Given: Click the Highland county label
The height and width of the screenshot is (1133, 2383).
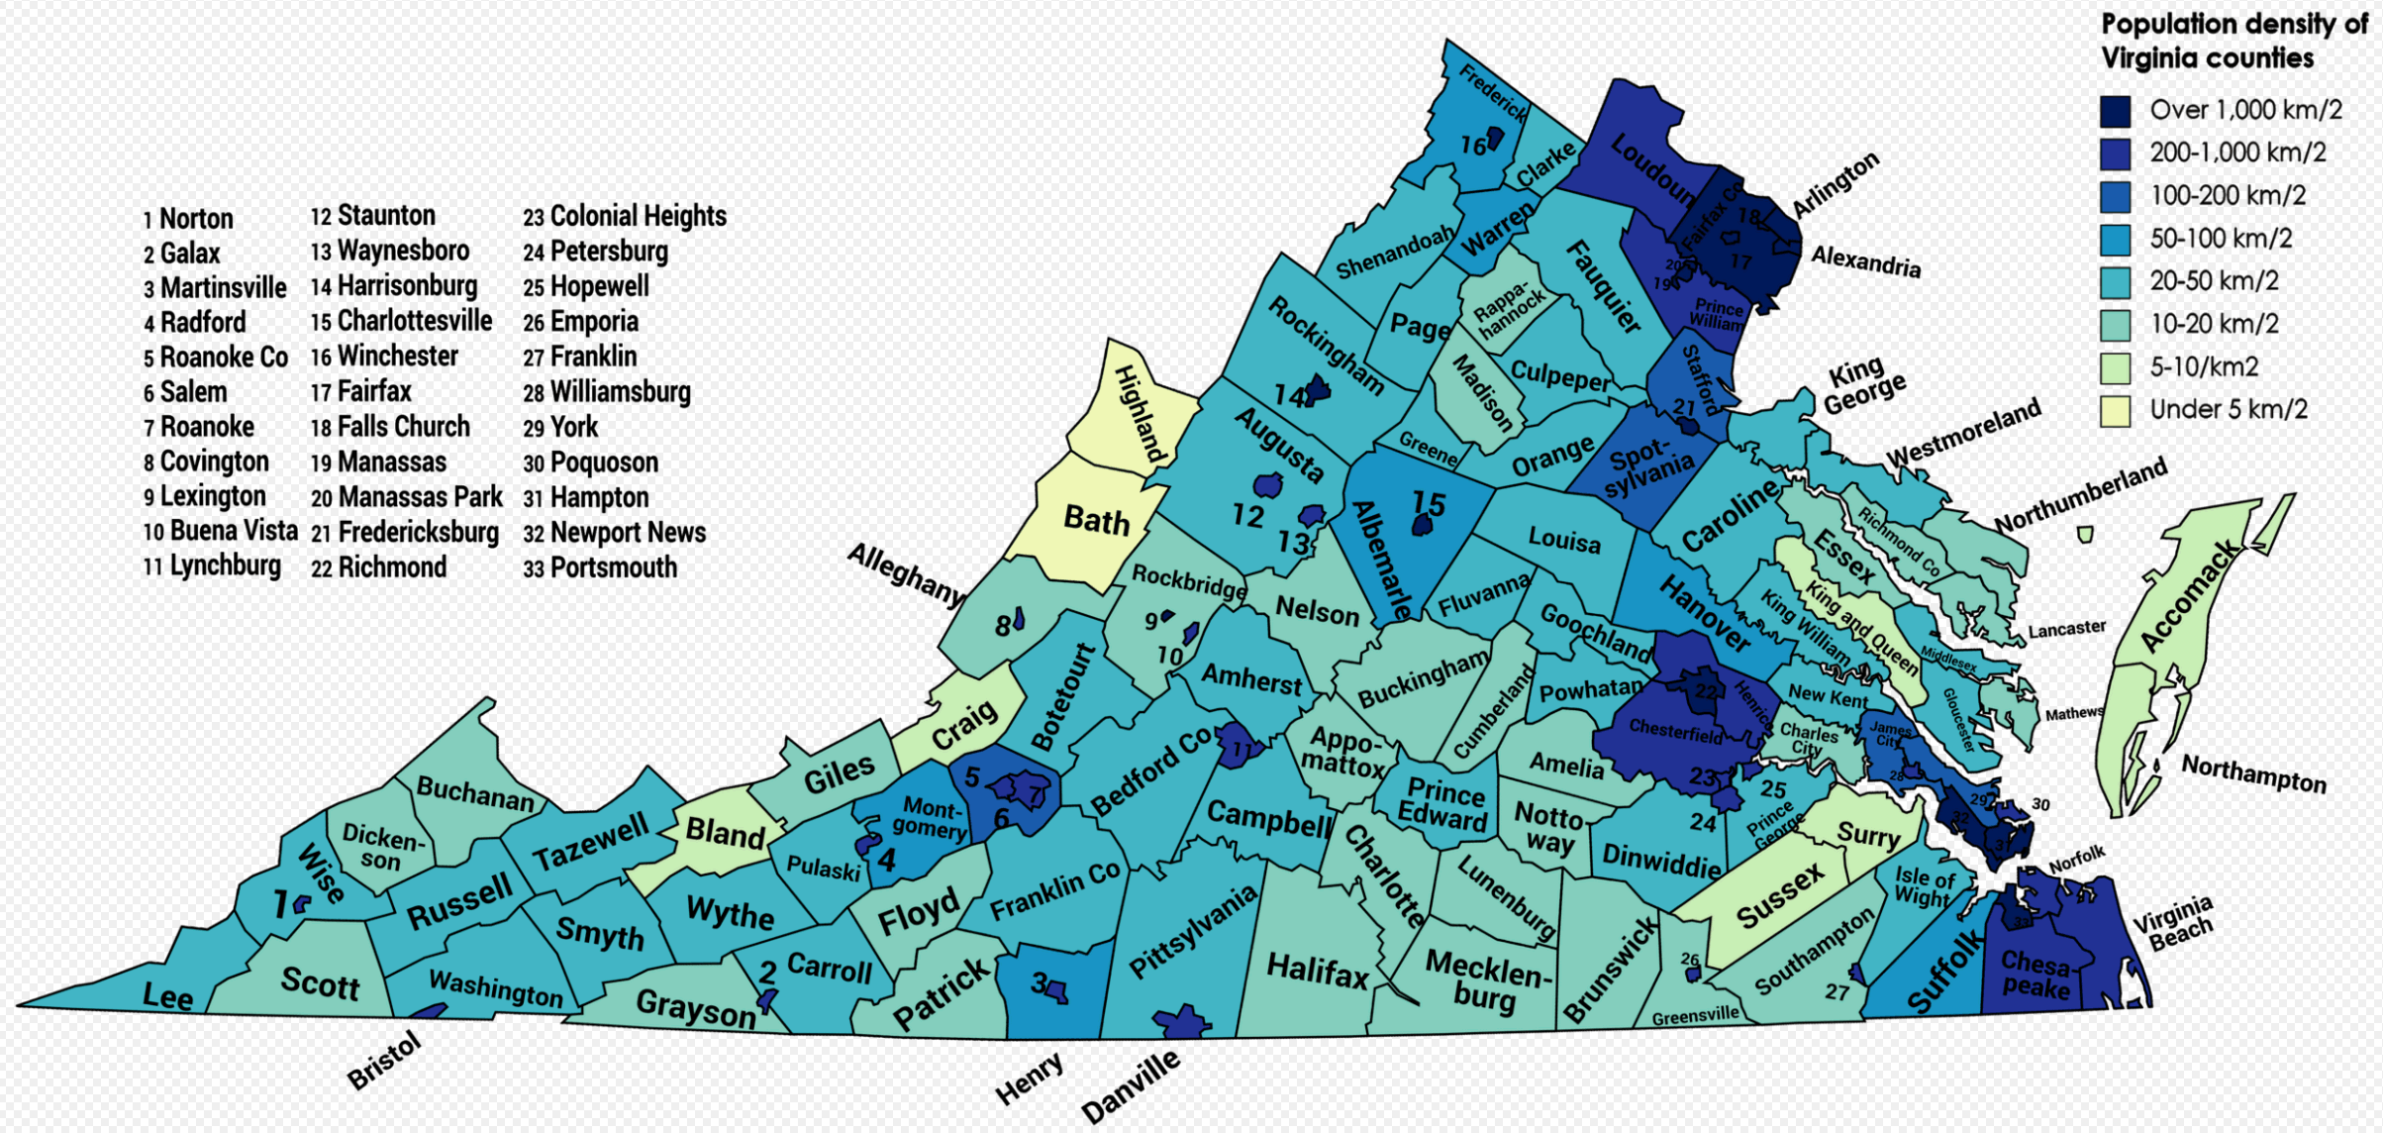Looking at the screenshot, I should (1138, 413).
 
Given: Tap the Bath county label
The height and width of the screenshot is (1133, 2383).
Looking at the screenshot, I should (1096, 519).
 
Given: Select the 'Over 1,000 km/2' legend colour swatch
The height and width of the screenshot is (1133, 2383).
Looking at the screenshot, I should (2115, 111).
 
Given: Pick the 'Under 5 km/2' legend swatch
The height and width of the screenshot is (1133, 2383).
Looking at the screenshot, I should (2115, 410).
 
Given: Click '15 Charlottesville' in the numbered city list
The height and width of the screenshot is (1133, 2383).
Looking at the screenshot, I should (401, 321).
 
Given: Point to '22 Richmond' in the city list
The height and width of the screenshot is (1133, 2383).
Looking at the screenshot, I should (379, 567).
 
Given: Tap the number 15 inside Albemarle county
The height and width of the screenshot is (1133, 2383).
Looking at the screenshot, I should (1429, 503).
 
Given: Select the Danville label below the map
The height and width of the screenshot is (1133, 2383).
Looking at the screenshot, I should (1130, 1086).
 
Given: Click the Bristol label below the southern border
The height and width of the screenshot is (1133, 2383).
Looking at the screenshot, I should (385, 1060).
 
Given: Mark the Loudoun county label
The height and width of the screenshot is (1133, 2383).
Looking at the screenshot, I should (1651, 167).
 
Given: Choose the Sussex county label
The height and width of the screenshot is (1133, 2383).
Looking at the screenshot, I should (1779, 895).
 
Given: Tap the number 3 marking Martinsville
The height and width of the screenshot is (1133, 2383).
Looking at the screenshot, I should (1039, 982).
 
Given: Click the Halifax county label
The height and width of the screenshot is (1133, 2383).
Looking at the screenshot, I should (1317, 970).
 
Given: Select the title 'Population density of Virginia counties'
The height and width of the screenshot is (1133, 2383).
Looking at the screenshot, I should (2233, 41).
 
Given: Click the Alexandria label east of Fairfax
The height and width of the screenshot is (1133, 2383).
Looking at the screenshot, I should (1865, 261).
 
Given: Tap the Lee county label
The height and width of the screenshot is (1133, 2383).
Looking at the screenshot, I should (167, 995).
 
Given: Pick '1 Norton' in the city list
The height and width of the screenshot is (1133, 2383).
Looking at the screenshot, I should (188, 218).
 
